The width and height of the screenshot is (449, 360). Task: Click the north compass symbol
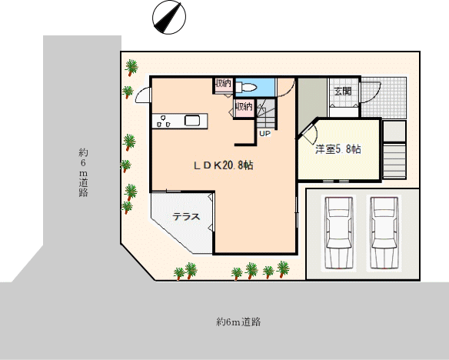[169, 17]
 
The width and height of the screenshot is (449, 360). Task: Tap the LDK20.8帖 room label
[224, 165]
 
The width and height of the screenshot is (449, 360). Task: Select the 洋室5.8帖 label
[338, 149]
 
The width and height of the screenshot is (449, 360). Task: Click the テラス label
[186, 216]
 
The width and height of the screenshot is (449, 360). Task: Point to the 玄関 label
[343, 91]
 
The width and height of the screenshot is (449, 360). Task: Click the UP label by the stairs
[265, 133]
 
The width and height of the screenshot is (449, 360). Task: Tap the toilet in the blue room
[247, 87]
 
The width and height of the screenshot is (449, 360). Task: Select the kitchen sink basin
[192, 121]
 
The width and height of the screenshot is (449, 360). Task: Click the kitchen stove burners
[164, 122]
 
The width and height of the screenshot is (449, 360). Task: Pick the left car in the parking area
[339, 232]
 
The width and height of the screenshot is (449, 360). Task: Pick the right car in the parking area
[384, 232]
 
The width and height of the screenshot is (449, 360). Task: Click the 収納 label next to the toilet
[223, 83]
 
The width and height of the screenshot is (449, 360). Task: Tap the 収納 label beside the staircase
[244, 107]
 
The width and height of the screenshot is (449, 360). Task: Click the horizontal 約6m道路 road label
[238, 322]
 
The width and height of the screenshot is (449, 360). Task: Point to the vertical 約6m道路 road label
[83, 173]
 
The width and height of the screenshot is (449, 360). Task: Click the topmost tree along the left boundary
[131, 67]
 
